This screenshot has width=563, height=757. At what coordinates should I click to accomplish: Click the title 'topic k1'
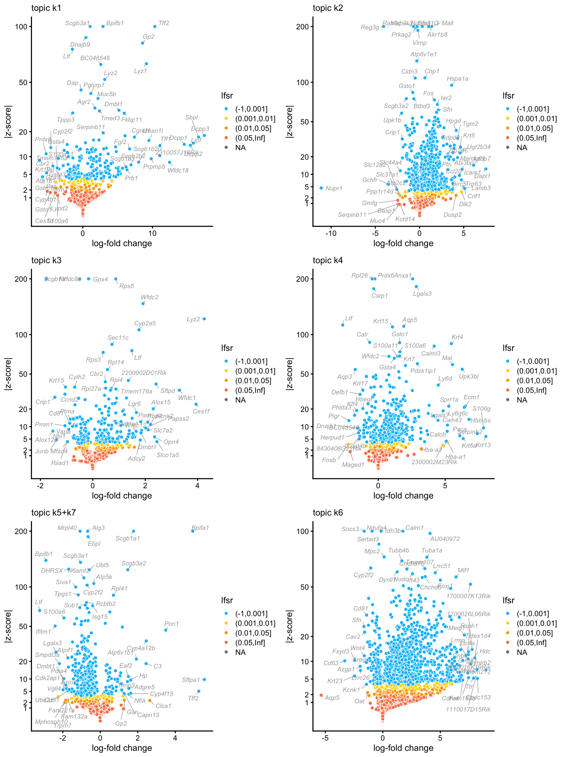click(x=46, y=8)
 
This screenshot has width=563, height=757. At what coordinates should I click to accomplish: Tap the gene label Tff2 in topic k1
click(x=164, y=23)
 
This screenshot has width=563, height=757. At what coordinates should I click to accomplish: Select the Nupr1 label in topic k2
click(x=334, y=188)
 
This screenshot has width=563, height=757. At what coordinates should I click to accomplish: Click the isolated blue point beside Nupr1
click(x=321, y=188)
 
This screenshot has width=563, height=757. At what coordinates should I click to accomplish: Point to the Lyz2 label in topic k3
click(x=193, y=319)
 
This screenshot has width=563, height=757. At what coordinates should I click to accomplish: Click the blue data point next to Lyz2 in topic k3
click(x=204, y=319)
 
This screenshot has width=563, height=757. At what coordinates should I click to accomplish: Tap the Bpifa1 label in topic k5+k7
click(x=200, y=528)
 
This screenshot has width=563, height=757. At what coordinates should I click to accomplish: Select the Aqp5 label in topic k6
click(x=332, y=698)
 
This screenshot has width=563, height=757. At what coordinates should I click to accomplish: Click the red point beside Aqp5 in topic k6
click(x=321, y=695)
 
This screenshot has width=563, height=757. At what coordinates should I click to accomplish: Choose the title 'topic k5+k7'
click(x=53, y=513)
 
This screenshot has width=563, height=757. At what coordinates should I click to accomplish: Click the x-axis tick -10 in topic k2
click(x=331, y=234)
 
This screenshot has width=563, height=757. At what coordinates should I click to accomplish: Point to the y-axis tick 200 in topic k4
click(x=302, y=279)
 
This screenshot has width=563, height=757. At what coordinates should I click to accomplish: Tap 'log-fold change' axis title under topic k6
click(x=403, y=748)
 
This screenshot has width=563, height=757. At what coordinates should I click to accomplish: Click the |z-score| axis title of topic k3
click(x=8, y=374)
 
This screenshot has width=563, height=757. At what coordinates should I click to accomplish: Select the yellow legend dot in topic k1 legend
click(x=226, y=119)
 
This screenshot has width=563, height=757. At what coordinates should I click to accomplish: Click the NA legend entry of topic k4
click(x=522, y=400)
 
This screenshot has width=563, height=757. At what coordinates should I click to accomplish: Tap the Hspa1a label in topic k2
click(x=457, y=79)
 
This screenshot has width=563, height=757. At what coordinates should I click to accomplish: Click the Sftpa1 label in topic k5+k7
click(x=191, y=680)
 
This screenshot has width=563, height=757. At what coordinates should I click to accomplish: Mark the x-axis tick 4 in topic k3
click(x=197, y=486)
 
